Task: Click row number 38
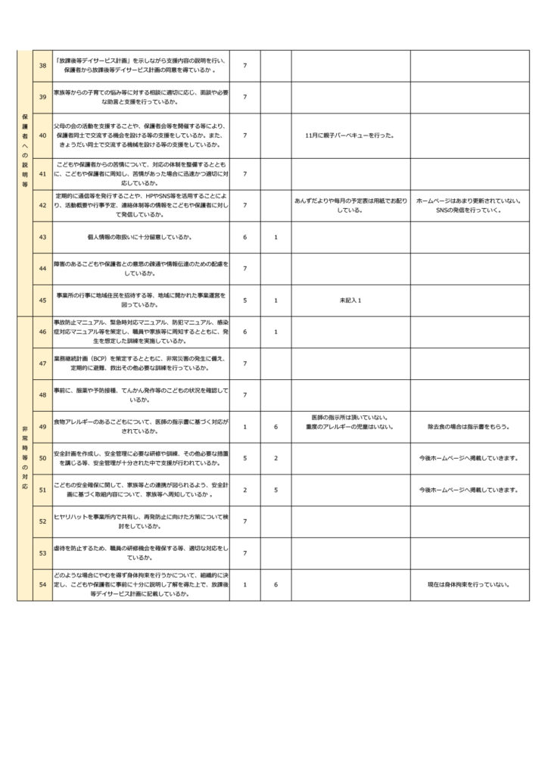click(42, 65)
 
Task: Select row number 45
click(42, 300)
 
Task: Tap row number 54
click(42, 585)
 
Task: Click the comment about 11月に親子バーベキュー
click(350, 135)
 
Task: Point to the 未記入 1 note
click(350, 300)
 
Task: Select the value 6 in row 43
click(244, 237)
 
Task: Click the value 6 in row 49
click(276, 427)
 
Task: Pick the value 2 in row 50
click(276, 458)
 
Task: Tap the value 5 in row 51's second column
click(276, 490)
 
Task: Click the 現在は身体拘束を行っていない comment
click(469, 585)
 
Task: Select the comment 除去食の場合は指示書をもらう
click(469, 427)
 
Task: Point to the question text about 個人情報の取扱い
click(141, 237)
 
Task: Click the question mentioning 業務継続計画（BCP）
click(141, 363)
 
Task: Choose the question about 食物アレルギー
click(141, 425)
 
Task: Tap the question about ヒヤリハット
click(141, 521)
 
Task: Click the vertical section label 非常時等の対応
click(25, 458)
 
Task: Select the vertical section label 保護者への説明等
click(25, 151)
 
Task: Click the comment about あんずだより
click(350, 205)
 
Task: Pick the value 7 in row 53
click(244, 553)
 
